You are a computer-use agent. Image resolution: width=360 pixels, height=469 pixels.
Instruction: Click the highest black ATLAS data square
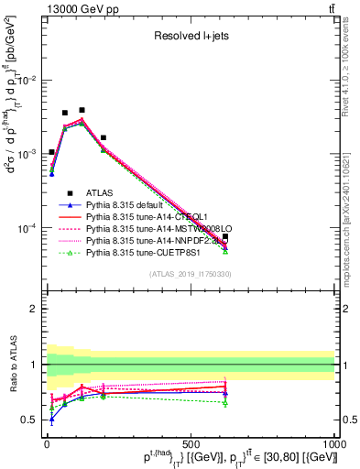point(82,110)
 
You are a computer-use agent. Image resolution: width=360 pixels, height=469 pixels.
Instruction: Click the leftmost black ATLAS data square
point(51,152)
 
